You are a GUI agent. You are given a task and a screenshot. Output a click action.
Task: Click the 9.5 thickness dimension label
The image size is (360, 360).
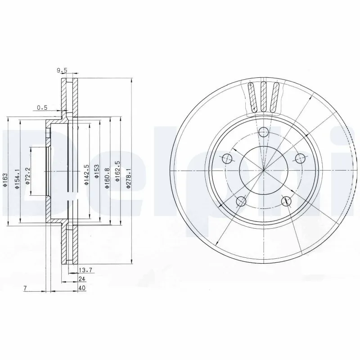(x=62, y=70)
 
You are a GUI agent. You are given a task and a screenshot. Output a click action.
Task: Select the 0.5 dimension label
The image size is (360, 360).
(x=42, y=108)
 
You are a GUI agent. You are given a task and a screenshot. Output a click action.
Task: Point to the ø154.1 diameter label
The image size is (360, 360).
(x=17, y=179)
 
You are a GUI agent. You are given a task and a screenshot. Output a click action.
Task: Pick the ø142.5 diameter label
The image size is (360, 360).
(x=85, y=171)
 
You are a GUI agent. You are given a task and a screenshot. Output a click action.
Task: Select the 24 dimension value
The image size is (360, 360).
(x=81, y=279)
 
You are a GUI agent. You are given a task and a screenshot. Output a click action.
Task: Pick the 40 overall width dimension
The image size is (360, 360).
(x=81, y=288)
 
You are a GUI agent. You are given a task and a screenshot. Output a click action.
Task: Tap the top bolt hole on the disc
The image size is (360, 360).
(x=264, y=131)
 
